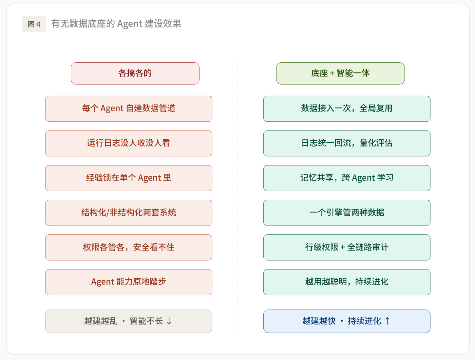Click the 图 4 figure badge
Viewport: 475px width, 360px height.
pos(34,24)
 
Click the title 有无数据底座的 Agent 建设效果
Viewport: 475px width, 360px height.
pos(116,24)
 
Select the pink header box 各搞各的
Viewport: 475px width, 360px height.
pos(135,73)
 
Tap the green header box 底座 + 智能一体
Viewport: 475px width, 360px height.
pos(340,73)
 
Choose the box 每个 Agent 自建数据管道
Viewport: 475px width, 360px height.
pos(129,109)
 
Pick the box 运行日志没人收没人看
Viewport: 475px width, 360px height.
pos(129,143)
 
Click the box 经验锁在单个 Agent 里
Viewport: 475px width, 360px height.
pos(129,178)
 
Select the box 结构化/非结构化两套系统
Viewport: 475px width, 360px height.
pos(129,213)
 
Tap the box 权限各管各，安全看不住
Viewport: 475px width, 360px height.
pos(129,247)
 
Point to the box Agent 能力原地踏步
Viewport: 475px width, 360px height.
pos(129,282)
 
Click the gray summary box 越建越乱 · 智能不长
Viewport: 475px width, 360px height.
pos(129,321)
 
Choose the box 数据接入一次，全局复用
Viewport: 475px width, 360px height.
pos(347,109)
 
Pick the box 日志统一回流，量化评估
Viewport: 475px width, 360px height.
pos(347,143)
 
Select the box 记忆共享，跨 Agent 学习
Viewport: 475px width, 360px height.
pos(347,178)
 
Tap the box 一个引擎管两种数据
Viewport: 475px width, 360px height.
pos(347,213)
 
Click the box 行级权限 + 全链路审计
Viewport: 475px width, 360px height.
pos(347,247)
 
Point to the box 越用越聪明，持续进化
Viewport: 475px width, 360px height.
pos(347,282)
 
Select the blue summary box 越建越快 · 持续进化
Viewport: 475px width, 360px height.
pos(347,321)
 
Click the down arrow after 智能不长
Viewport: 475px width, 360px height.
pos(169,321)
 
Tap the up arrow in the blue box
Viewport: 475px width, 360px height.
pos(387,321)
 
